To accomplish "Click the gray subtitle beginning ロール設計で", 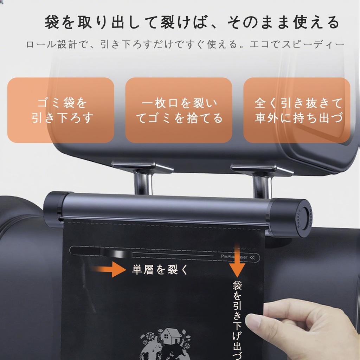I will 185,45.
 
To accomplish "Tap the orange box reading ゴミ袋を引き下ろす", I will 61,110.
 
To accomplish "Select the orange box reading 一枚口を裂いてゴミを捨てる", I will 179,110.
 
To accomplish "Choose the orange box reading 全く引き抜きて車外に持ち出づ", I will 297,110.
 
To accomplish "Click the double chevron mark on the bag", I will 254,258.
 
